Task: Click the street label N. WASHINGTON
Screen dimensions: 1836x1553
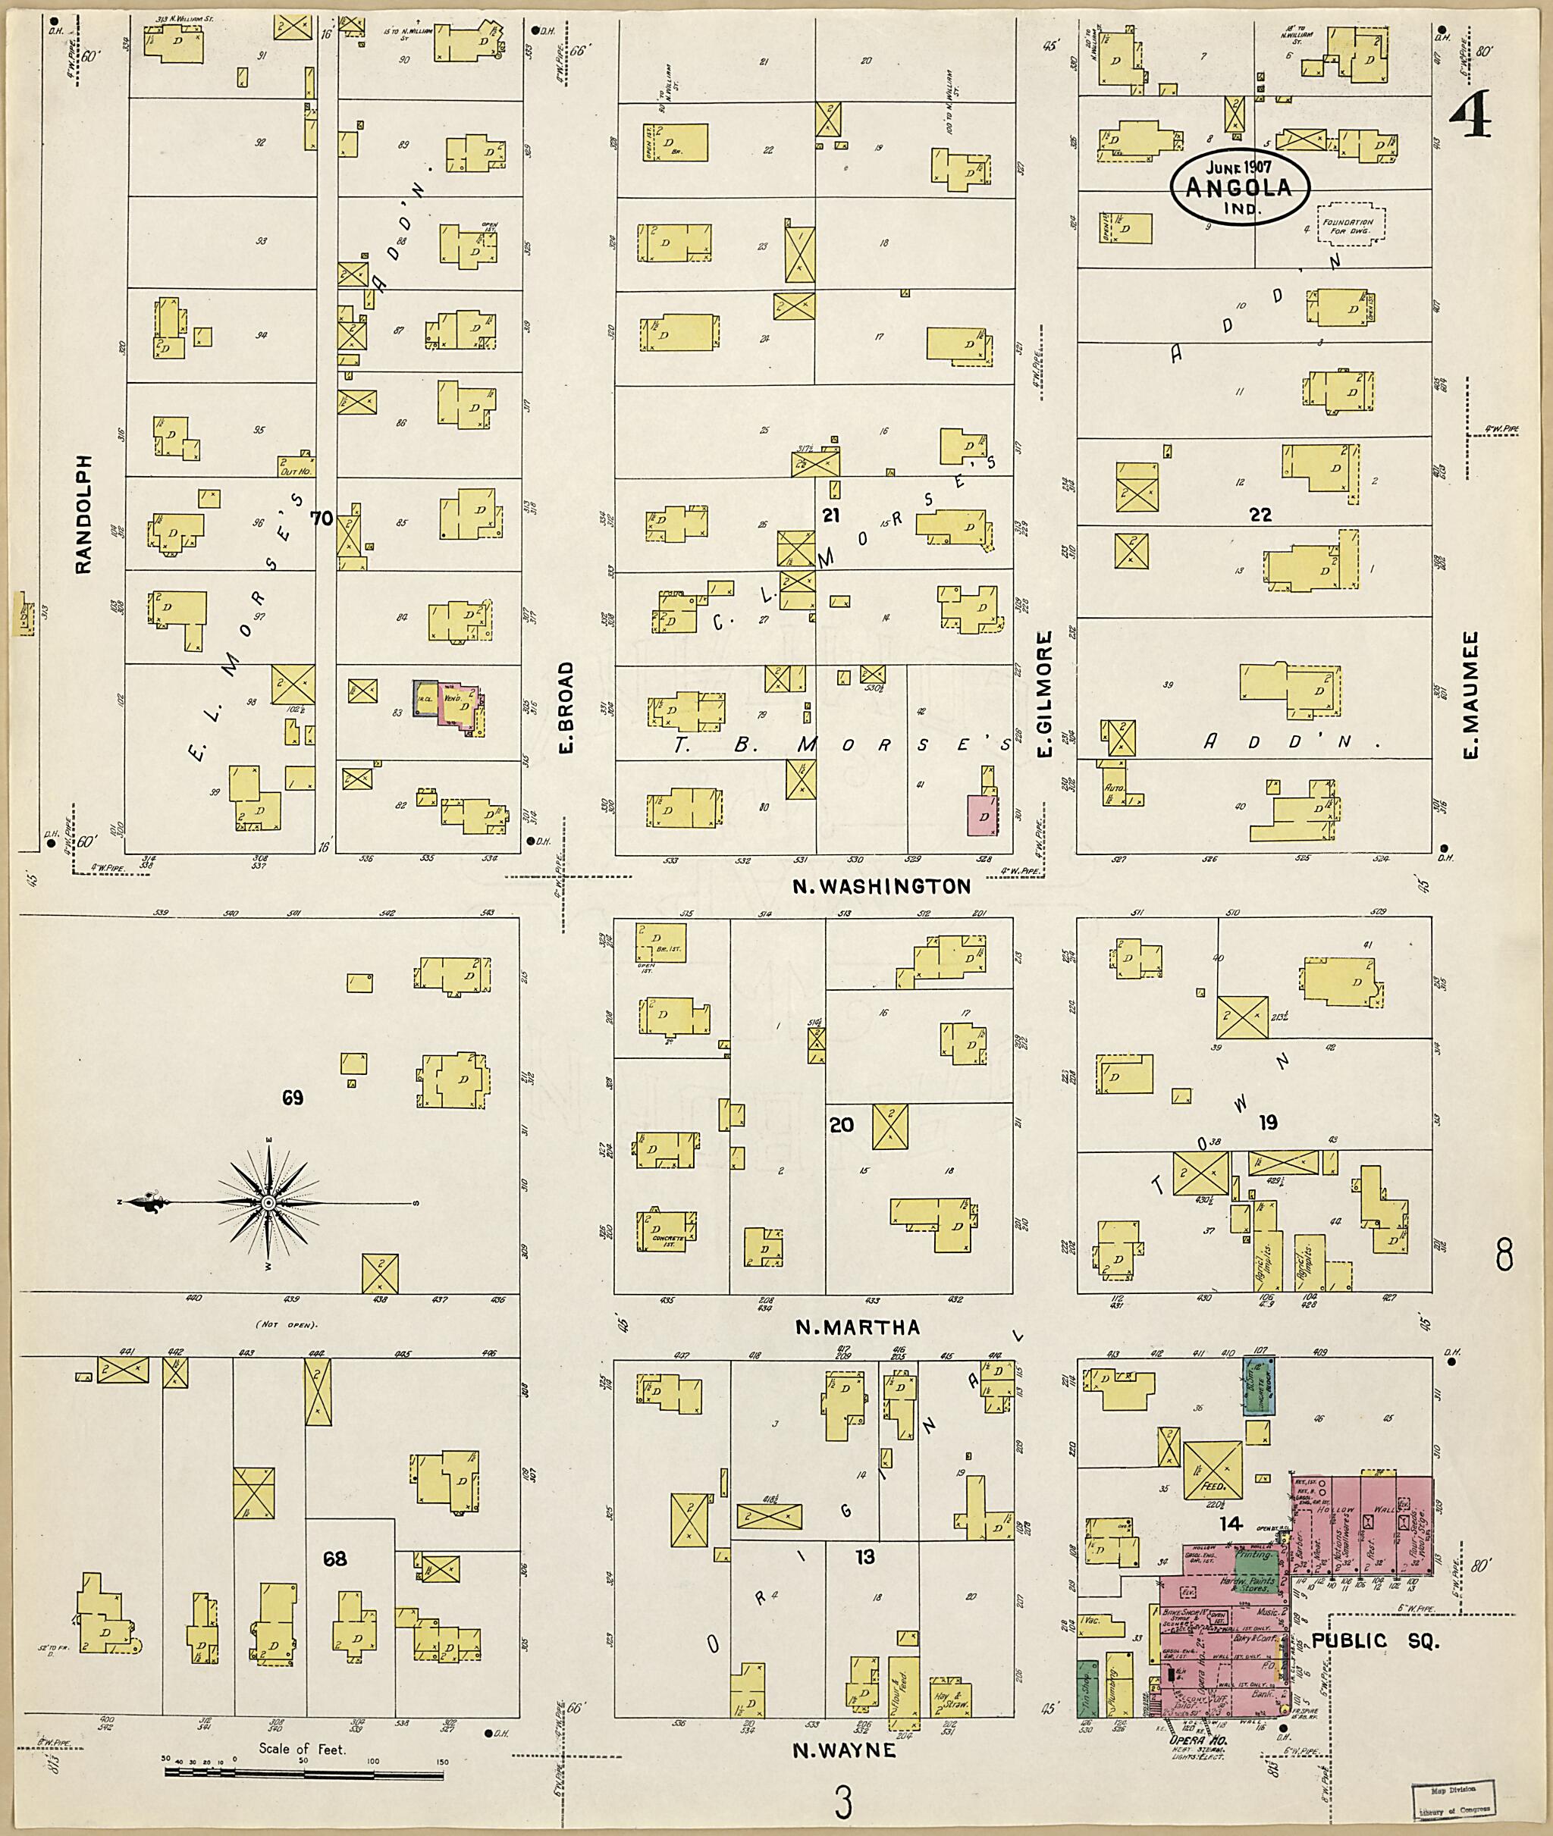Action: pyautogui.click(x=881, y=886)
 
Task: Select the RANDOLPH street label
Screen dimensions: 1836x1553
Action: pyautogui.click(x=83, y=514)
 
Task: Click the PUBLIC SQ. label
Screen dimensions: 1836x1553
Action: pyautogui.click(x=1375, y=1640)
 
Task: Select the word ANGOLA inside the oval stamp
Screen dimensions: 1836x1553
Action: pyautogui.click(x=1240, y=187)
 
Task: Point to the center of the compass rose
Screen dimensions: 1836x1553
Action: pyautogui.click(x=268, y=1202)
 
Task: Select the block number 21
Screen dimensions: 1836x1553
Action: pyautogui.click(x=830, y=515)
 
